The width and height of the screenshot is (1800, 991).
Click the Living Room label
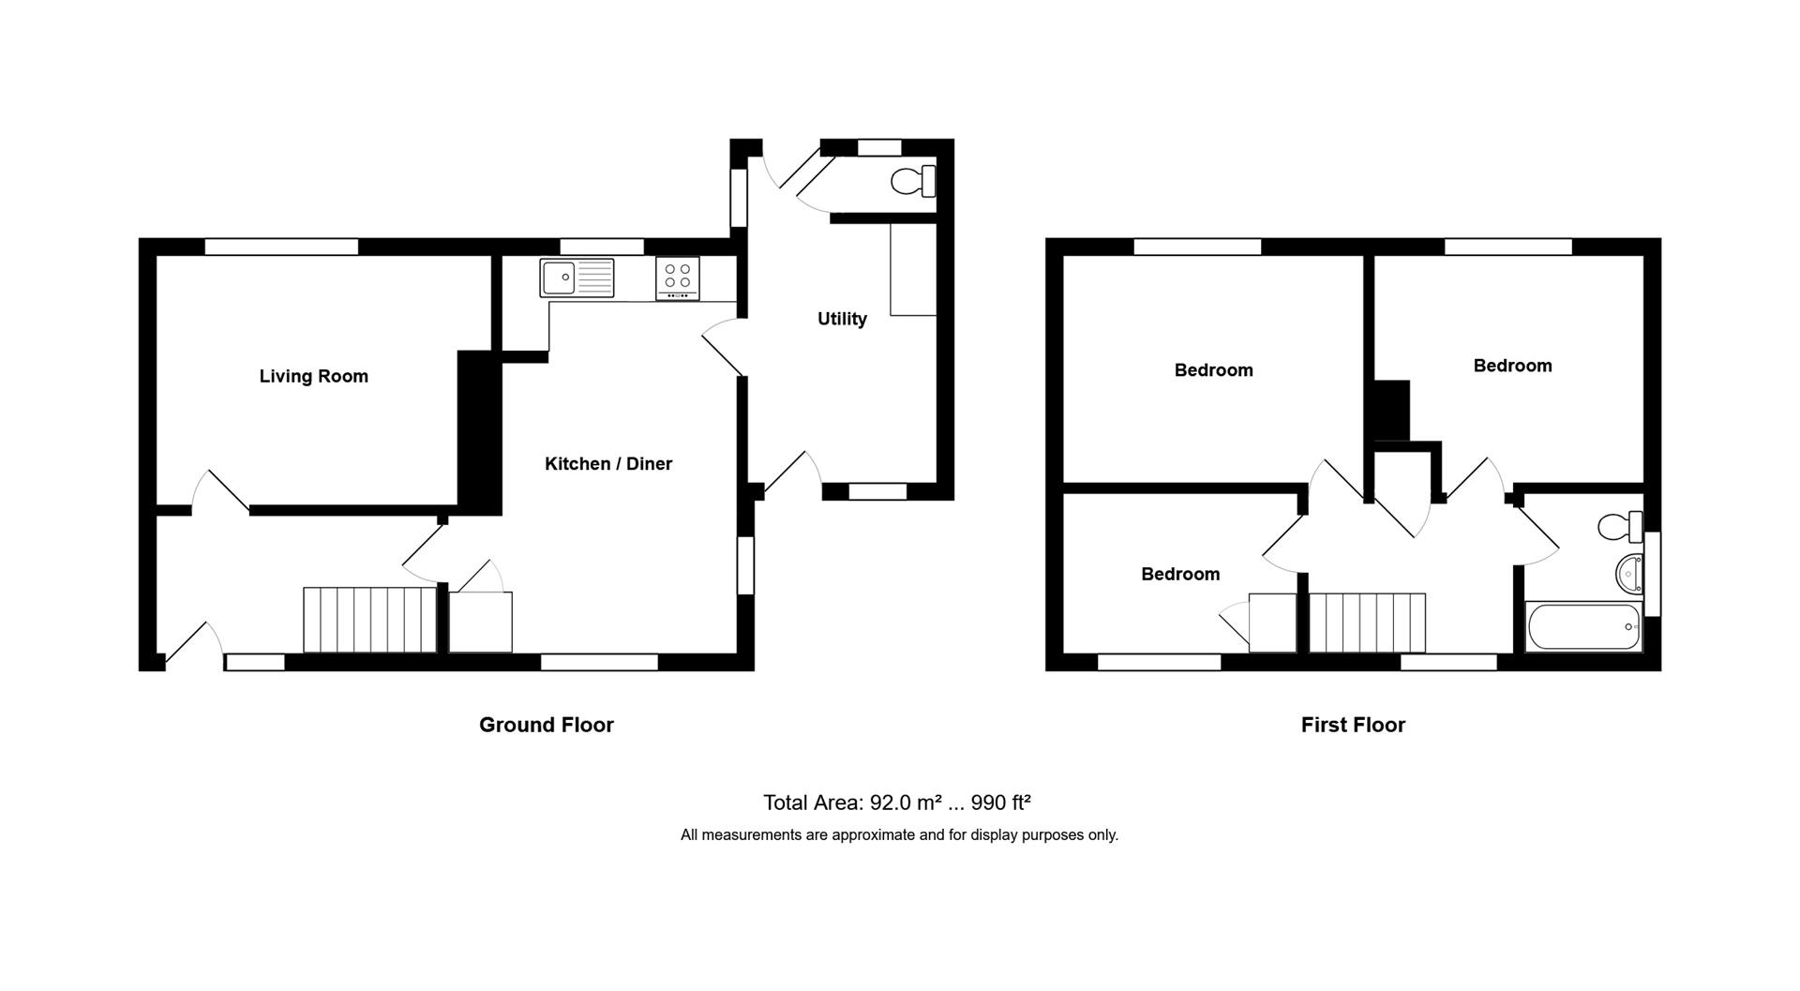313,376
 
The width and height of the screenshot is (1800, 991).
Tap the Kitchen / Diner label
608,463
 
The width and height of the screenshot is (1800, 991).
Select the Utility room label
842,319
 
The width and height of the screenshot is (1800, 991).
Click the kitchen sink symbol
577,278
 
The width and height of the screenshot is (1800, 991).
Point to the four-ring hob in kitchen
678,278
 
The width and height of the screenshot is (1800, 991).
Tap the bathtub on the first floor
1583,626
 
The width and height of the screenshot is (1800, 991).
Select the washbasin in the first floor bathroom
1630,571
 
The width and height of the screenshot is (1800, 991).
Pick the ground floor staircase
370,620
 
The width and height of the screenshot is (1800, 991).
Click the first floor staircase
1367,623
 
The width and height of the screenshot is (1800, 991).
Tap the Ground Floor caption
546,725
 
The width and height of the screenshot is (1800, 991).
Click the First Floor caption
1353,725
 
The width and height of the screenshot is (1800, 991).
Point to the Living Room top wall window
281,247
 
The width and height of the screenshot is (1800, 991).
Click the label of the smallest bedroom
1180,574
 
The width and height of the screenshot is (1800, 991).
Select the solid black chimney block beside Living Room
479,431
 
